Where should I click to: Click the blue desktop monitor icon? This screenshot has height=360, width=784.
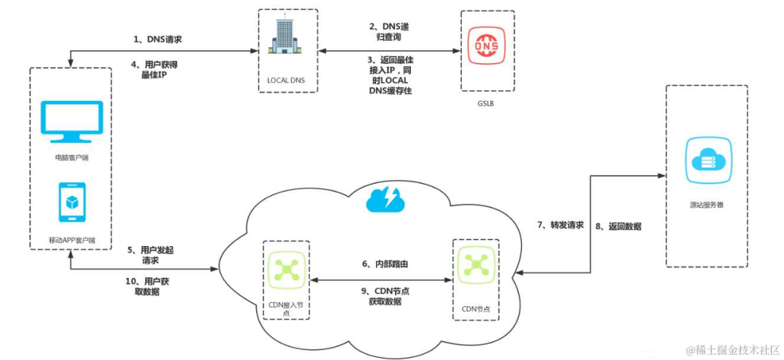(x=70, y=121)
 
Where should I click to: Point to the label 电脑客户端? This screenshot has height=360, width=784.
(x=70, y=157)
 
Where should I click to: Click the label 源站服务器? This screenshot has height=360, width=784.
(x=705, y=205)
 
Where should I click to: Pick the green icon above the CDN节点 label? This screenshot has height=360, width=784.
(x=476, y=266)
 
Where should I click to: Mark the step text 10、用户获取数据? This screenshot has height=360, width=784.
(x=151, y=287)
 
